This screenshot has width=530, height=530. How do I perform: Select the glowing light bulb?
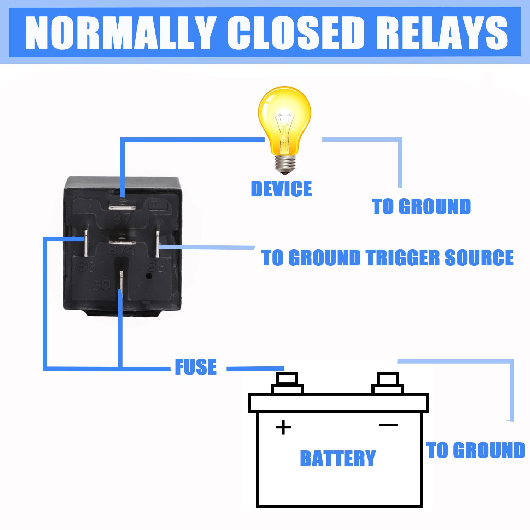tap(284, 124)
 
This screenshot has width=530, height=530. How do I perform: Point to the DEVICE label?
tap(281, 189)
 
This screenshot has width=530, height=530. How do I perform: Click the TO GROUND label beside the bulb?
tap(421, 206)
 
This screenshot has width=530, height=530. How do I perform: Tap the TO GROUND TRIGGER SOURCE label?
tap(387, 258)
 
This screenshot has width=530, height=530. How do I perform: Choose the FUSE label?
tap(196, 367)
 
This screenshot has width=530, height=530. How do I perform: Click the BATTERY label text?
tap(338, 458)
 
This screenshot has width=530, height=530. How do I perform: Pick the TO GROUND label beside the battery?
tap(476, 450)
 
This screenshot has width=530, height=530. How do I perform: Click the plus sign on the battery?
tap(283, 428)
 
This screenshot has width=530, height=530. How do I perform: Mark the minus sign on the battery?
tap(388, 425)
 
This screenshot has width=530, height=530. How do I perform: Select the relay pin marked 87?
tap(122, 204)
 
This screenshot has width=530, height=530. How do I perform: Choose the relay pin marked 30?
tap(121, 281)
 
